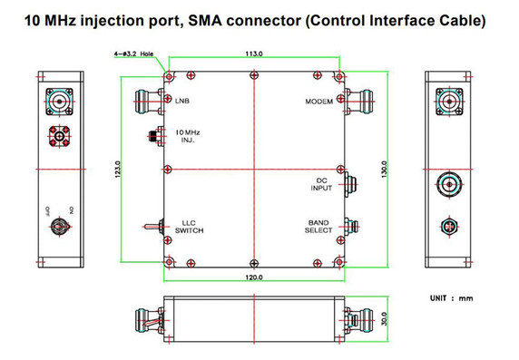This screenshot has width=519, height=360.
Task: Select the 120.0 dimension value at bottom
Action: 253,277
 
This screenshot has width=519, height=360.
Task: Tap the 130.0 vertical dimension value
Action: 384,169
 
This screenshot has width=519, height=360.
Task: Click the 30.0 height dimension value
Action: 384,319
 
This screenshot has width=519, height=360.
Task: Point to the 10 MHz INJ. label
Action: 188,137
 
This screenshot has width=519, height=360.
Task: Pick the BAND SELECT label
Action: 318,227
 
